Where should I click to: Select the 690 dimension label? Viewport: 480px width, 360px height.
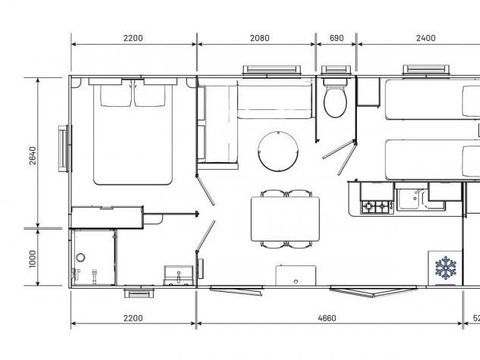click(336, 38)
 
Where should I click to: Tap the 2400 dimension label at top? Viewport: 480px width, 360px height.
click(424, 38)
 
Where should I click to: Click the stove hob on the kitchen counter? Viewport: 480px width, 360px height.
click(376, 207)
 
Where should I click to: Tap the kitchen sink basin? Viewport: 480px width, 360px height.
click(409, 201)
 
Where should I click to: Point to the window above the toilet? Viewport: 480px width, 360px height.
click(335, 71)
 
